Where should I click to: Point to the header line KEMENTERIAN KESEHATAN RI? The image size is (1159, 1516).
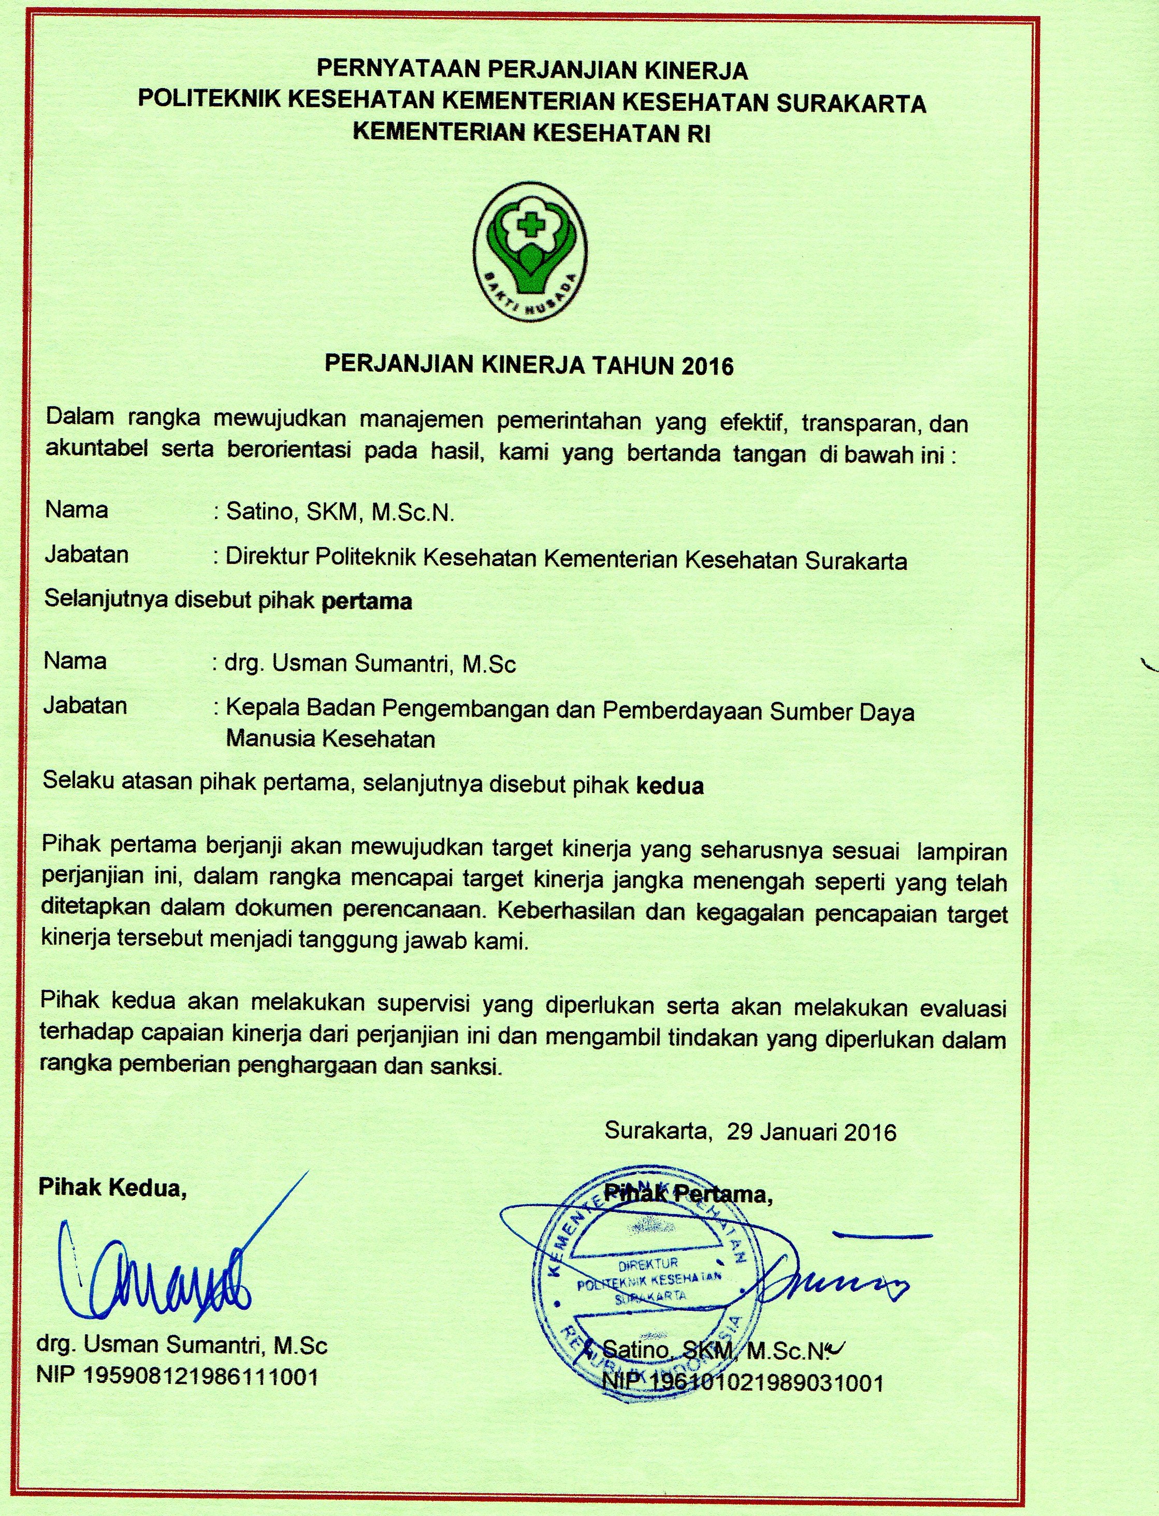[531, 133]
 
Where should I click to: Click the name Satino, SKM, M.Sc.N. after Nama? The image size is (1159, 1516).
[340, 513]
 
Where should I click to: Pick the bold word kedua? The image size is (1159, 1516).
[669, 786]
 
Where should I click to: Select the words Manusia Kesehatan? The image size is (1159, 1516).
[330, 739]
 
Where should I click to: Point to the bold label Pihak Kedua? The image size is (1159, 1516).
[112, 1188]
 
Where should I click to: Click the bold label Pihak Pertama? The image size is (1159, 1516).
[688, 1193]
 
